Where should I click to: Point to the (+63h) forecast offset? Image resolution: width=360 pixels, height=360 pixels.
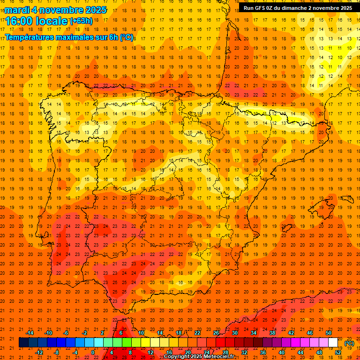click(x=81, y=21)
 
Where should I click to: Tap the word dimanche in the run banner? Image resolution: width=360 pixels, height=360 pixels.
click(x=294, y=7)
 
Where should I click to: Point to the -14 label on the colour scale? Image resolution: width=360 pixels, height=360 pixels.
click(x=30, y=333)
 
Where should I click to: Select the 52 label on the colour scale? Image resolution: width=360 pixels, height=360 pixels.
click(x=338, y=352)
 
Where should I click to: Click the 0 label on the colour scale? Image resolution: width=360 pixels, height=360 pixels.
click(x=93, y=352)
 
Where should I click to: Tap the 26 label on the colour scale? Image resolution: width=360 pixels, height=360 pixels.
click(x=216, y=333)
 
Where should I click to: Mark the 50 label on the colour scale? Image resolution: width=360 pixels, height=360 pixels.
click(x=329, y=333)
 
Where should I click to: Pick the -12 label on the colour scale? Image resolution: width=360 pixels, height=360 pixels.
click(x=39, y=352)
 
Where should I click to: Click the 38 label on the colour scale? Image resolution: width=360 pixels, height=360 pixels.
click(x=272, y=333)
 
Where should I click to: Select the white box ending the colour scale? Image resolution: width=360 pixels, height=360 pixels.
click(x=333, y=343)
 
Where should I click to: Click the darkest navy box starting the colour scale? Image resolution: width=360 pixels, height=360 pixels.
click(x=23, y=343)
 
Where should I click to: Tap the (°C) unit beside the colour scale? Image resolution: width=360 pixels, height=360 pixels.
click(x=349, y=343)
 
